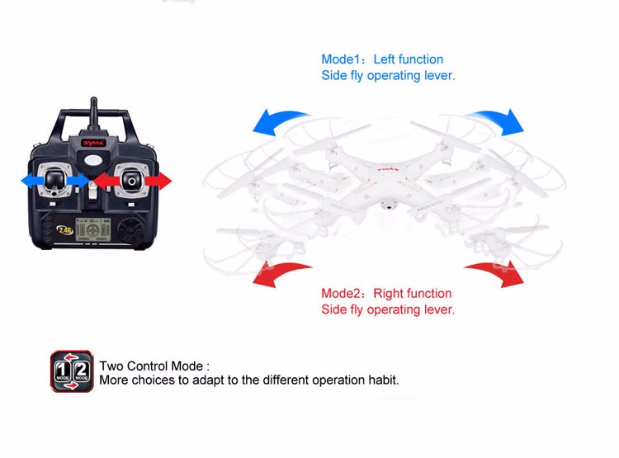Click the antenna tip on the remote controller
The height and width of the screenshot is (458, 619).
click(x=93, y=99)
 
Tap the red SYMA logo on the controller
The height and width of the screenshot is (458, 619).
click(x=94, y=143)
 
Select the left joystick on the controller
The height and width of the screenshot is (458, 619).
click(x=54, y=181)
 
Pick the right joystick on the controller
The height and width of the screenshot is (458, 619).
click(x=131, y=181)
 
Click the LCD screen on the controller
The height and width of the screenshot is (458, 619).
click(x=92, y=229)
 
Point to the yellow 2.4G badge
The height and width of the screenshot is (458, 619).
click(x=64, y=229)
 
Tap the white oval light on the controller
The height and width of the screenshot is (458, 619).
click(x=93, y=160)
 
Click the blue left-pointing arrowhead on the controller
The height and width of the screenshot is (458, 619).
click(x=28, y=182)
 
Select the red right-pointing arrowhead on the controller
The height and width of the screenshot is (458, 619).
click(x=164, y=181)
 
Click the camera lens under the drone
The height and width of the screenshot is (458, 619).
click(x=389, y=205)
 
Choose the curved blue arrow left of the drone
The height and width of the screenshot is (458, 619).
click(x=280, y=120)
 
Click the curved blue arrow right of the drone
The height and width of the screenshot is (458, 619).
click(x=497, y=119)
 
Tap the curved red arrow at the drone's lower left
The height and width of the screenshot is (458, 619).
click(x=280, y=271)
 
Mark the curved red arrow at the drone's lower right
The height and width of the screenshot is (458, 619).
click(x=498, y=271)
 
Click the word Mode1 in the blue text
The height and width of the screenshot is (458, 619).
click(x=340, y=59)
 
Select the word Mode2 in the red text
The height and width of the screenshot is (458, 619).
click(x=341, y=293)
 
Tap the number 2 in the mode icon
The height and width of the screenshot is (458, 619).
click(x=82, y=371)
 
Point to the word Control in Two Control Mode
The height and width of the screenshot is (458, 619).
click(x=152, y=366)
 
